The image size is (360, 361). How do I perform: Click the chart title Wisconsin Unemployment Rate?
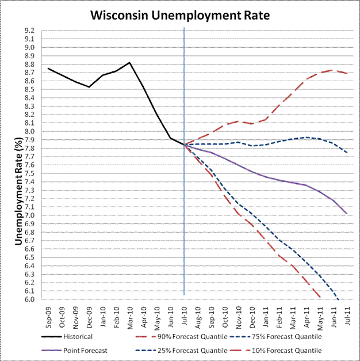pos(180,14)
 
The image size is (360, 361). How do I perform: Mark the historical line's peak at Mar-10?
pos(129,62)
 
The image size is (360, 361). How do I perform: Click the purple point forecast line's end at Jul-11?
pos(347,214)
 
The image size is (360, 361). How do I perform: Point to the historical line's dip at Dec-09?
pos(89,87)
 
